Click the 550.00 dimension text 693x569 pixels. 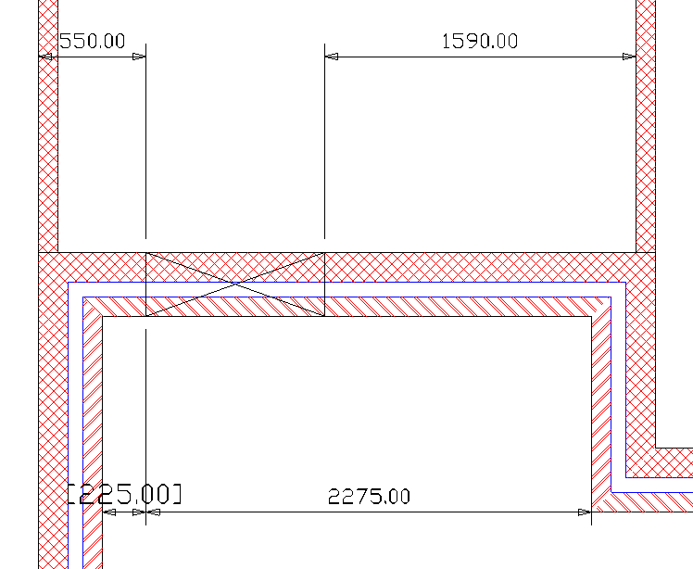pyautogui.click(x=92, y=41)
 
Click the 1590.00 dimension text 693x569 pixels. pyautogui.click(x=480, y=41)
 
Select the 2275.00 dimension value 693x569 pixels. pyautogui.click(x=369, y=497)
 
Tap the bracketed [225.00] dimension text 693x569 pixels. pyautogui.click(x=125, y=494)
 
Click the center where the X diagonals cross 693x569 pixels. pyautogui.click(x=235, y=284)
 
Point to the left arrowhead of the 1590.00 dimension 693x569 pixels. pyautogui.click(x=332, y=57)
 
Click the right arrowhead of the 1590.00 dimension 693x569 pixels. pyautogui.click(x=629, y=57)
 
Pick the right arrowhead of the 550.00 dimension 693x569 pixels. pyautogui.click(x=139, y=57)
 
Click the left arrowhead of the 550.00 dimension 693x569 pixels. pyautogui.click(x=45, y=57)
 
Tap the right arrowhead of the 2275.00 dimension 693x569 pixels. pyautogui.click(x=585, y=512)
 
